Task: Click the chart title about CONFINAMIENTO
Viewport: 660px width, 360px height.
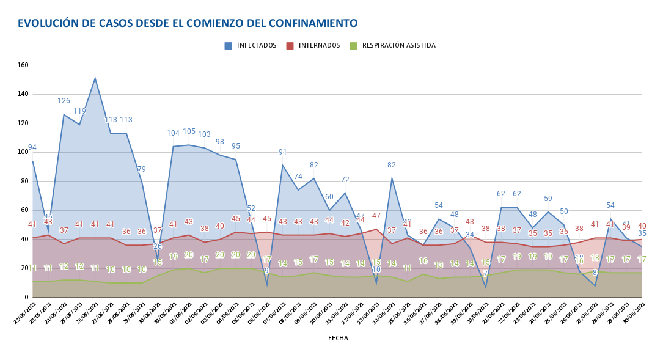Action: pos(188,23)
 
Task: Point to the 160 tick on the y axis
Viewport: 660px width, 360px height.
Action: pos(23,65)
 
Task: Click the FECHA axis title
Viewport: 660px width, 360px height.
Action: pos(338,337)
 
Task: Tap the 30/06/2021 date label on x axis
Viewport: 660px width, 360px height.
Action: pos(636,312)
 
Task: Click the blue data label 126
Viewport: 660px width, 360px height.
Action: pos(64,101)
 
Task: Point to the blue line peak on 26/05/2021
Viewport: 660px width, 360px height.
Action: pos(95,78)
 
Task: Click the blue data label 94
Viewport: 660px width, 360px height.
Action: pos(32,147)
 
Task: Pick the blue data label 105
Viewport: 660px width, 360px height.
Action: pos(189,131)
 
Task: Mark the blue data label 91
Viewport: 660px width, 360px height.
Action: pos(283,152)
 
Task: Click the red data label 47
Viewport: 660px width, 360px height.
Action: pos(376,216)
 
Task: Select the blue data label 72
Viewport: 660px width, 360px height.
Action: pos(345,180)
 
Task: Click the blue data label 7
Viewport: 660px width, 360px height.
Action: pos(486,274)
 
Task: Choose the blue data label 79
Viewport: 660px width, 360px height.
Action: pos(142,169)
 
